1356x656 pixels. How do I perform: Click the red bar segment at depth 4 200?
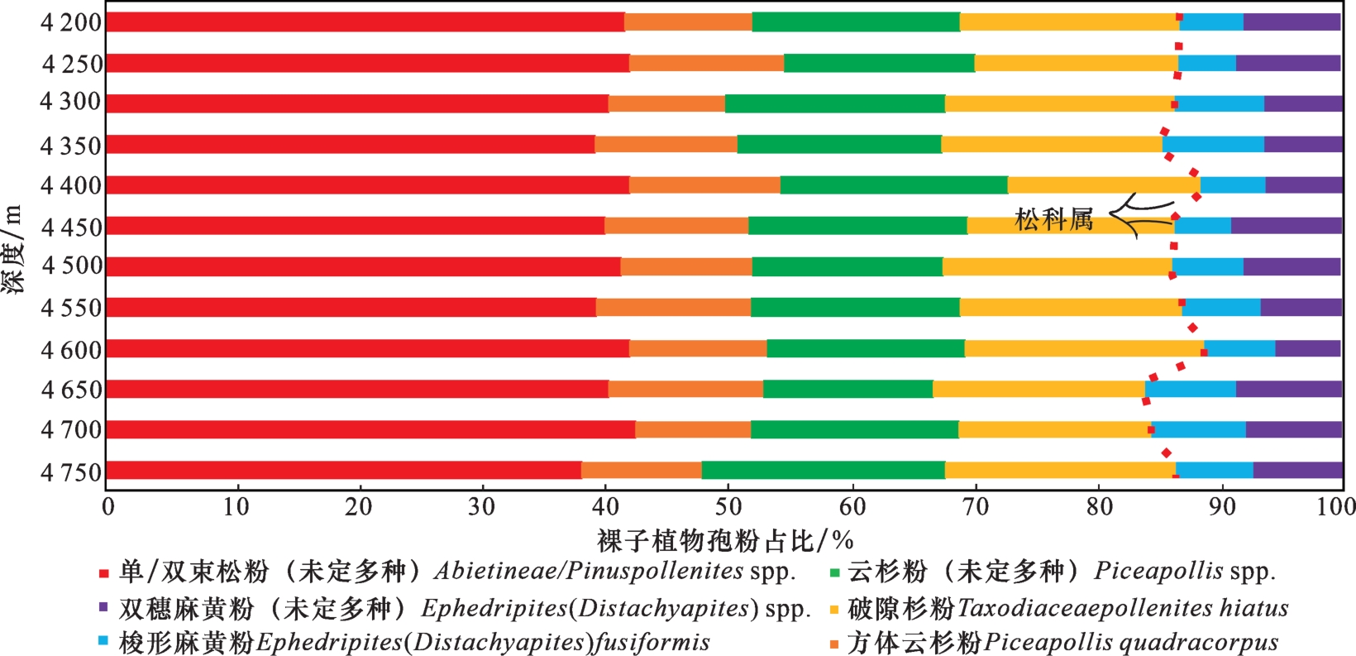click(365, 22)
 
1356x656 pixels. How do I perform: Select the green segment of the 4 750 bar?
click(823, 470)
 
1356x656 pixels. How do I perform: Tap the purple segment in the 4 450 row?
click(1286, 225)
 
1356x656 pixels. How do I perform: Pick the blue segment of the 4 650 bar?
click(1190, 389)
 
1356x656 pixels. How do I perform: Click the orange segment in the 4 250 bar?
click(706, 63)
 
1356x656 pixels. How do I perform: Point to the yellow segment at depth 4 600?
click(1083, 348)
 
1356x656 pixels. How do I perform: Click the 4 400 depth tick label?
click(71, 185)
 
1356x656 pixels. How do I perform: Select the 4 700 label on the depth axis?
click(71, 429)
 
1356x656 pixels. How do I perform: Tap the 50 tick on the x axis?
click(728, 506)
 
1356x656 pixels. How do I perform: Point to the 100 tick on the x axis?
click(1336, 506)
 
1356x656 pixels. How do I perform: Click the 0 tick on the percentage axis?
click(107, 506)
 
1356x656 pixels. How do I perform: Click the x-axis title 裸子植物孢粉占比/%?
click(724, 541)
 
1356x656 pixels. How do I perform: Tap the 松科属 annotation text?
click(1053, 220)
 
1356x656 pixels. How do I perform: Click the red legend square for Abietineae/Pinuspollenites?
click(104, 573)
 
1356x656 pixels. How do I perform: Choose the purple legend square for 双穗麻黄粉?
click(104, 607)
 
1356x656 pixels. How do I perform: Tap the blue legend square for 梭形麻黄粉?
click(104, 641)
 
